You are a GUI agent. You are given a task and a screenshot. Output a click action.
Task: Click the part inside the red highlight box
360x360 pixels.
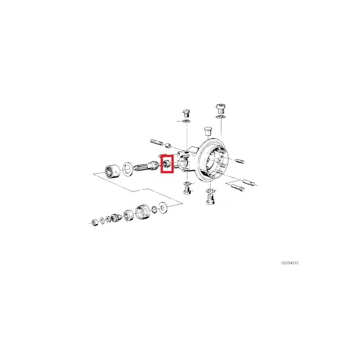click(x=167, y=164)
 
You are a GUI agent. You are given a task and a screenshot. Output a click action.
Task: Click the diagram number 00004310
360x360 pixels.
click(x=290, y=263)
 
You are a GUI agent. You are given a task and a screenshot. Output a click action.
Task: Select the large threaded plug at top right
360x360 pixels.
click(x=220, y=109)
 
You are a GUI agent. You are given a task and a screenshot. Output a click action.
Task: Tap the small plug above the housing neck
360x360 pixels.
click(x=186, y=113)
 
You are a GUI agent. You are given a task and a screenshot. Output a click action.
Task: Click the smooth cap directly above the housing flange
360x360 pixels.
click(x=208, y=131)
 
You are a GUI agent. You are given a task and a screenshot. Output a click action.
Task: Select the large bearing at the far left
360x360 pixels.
click(x=112, y=171)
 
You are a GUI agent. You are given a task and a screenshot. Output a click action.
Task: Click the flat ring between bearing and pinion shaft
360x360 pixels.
click(x=128, y=169)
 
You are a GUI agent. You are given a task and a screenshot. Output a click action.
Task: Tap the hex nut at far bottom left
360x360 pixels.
click(x=94, y=222)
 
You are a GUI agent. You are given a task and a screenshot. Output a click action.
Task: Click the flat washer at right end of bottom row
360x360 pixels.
click(x=162, y=207)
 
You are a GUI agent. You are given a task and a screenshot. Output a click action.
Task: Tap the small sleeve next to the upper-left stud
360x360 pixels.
click(x=168, y=145)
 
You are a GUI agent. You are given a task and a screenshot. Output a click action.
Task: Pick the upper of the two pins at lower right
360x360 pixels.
click(x=249, y=182)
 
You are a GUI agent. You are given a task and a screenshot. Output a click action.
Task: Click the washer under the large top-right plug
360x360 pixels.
click(x=220, y=117)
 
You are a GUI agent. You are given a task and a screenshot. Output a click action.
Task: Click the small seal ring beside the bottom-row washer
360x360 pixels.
click(x=155, y=209)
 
